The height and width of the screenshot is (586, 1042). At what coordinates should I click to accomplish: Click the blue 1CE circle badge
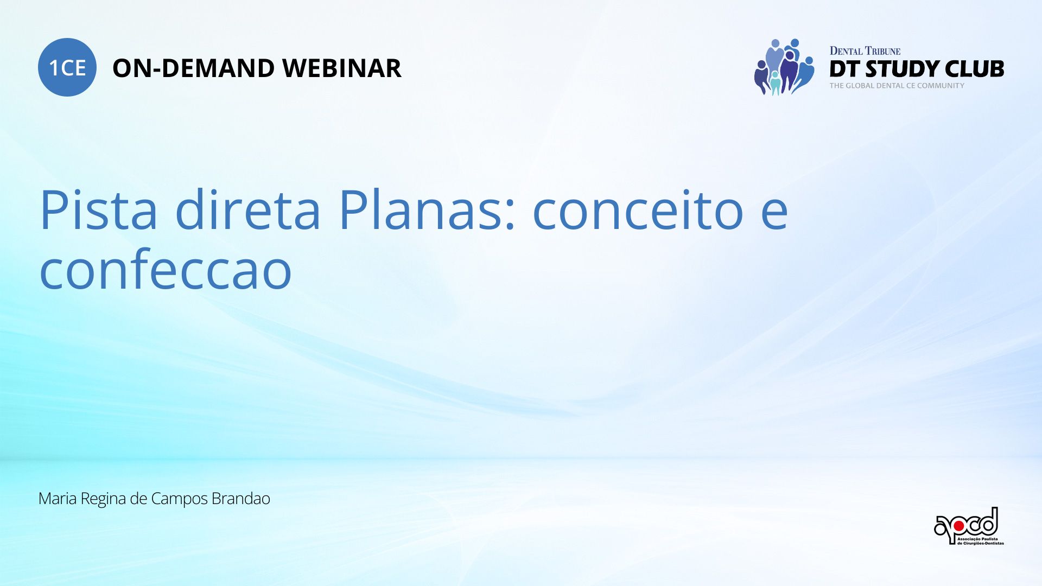tap(67, 67)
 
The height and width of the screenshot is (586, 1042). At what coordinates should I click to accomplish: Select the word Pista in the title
tap(98, 209)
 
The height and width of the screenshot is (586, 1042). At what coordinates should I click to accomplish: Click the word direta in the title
tap(247, 209)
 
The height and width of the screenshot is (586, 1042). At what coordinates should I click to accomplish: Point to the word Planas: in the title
tap(427, 209)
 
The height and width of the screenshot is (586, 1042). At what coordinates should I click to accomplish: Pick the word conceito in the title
tap(638, 211)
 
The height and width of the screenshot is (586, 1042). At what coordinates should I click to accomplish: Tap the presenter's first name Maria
tap(58, 498)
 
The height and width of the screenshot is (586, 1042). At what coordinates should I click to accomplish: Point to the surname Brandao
tap(240, 498)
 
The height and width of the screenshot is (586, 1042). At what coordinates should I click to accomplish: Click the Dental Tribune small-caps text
tap(865, 51)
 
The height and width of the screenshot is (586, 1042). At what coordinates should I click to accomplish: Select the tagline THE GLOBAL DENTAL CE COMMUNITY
tap(897, 86)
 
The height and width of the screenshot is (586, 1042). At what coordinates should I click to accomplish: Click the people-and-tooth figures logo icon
tap(784, 67)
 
